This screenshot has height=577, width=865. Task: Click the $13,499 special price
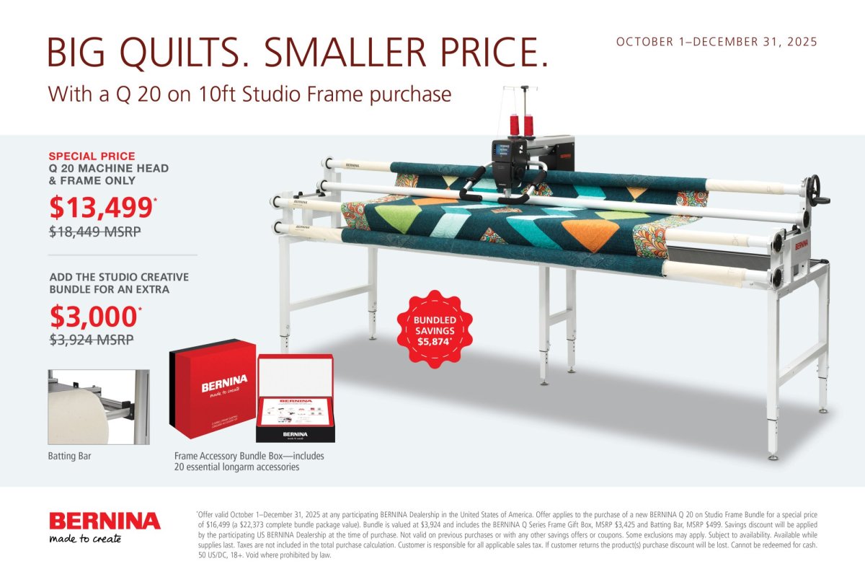point(101,207)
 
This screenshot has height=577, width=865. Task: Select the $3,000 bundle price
point(93,317)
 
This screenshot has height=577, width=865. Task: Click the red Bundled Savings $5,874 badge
point(435,328)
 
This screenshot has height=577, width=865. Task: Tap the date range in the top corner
point(717,42)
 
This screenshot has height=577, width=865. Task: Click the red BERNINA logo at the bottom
point(105,521)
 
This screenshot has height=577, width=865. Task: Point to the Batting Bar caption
point(70,457)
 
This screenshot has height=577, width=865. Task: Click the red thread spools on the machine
point(522,123)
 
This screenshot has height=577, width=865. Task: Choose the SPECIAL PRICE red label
point(92,156)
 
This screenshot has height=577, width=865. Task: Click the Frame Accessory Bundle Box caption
point(249,462)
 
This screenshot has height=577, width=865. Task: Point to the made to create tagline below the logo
point(85,539)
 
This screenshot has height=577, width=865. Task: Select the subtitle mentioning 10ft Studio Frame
point(249,94)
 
